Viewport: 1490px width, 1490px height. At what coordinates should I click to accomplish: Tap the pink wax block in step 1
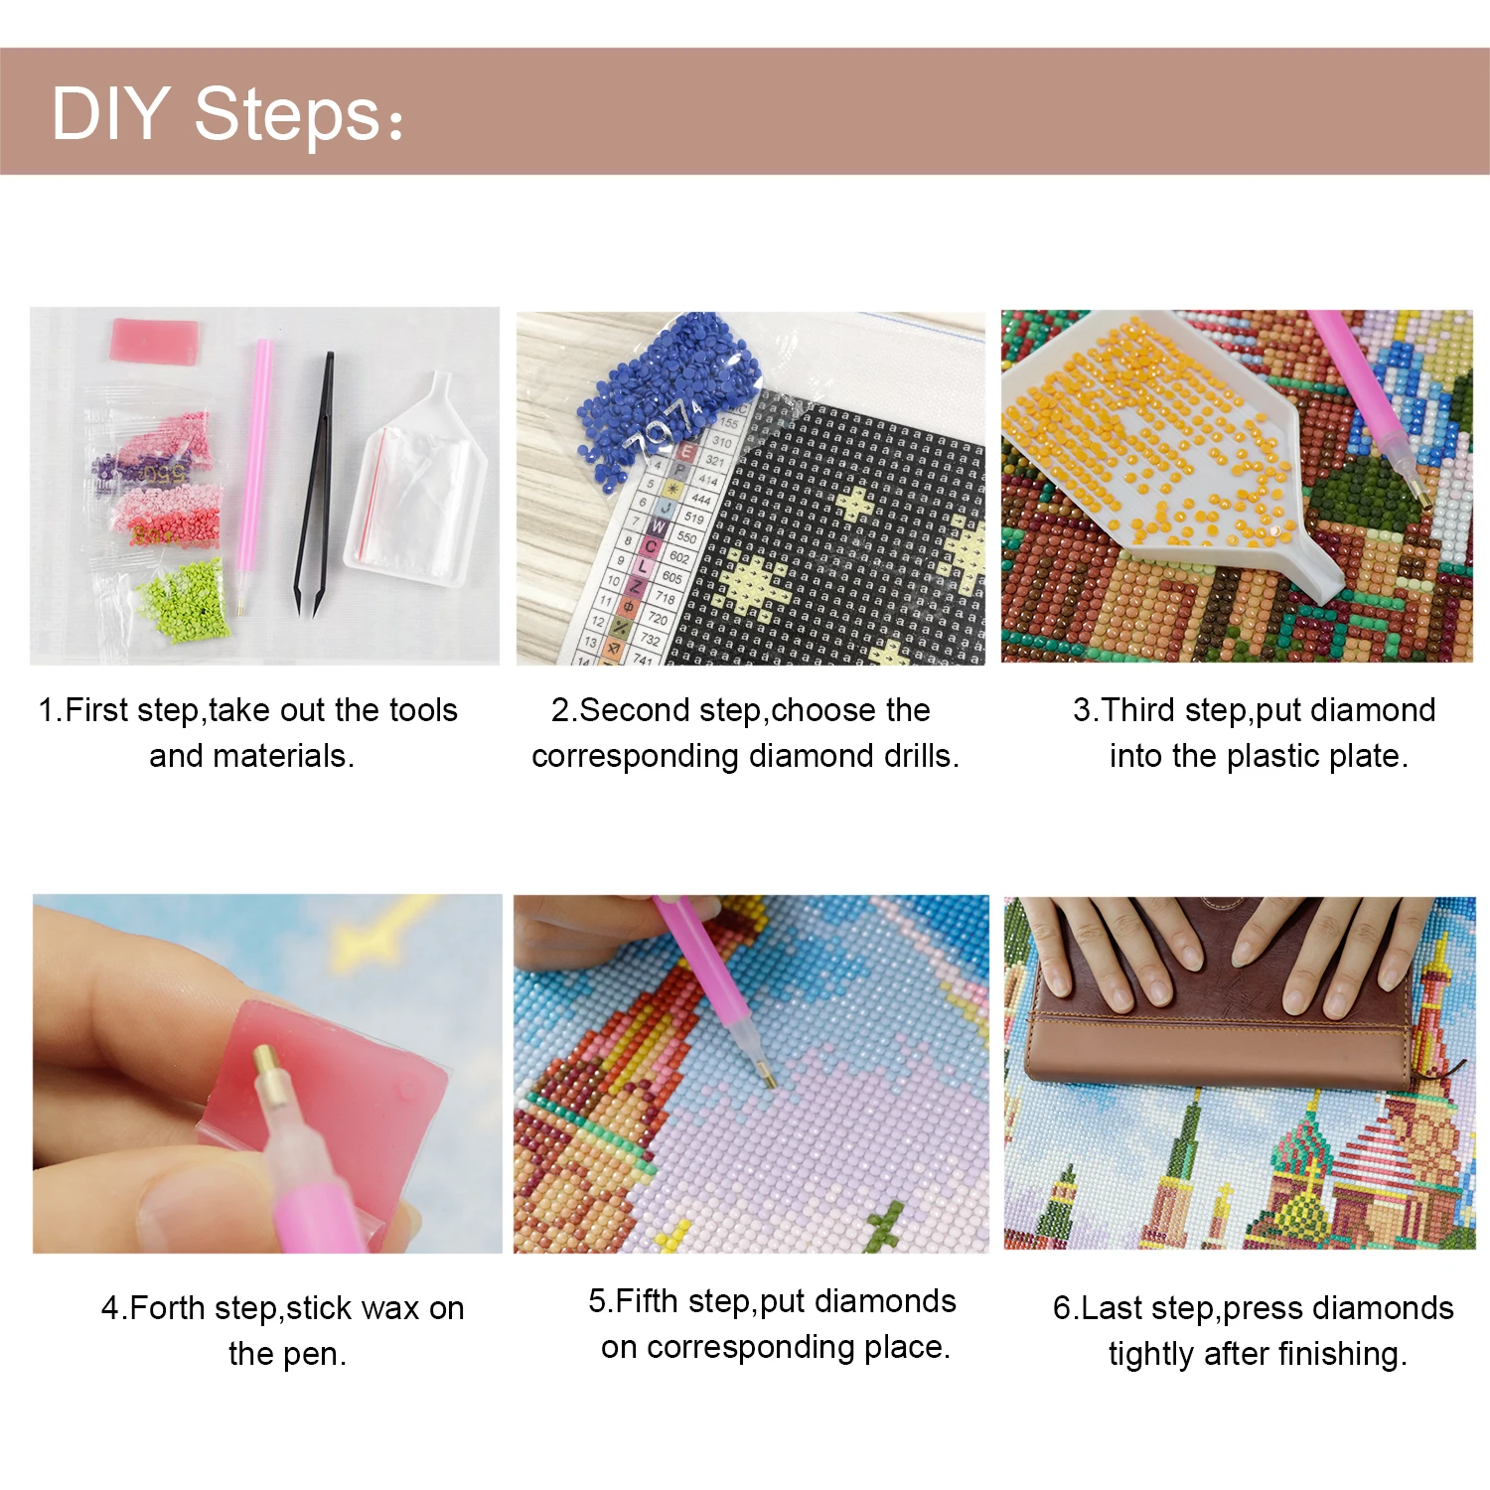(x=154, y=340)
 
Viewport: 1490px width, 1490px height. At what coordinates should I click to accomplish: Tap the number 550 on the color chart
(x=686, y=537)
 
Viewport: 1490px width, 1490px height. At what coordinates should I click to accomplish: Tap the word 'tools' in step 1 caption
(x=423, y=710)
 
